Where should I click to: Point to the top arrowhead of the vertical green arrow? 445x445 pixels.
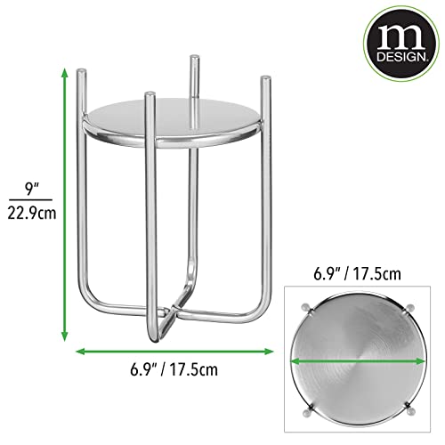click(64, 72)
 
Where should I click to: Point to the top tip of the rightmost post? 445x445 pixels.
click(263, 81)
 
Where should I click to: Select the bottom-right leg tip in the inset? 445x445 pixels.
click(411, 411)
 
